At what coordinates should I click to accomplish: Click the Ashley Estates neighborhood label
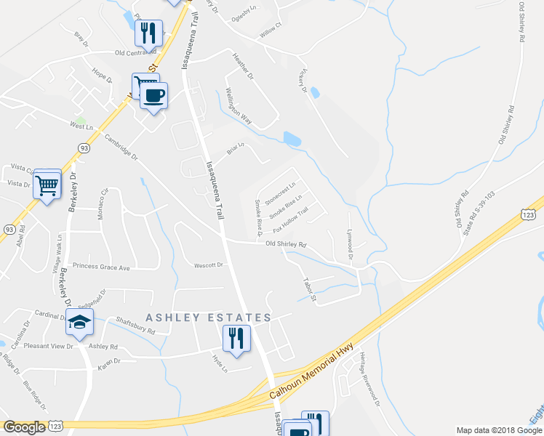(208, 318)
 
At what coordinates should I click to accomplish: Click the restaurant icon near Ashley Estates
(236, 339)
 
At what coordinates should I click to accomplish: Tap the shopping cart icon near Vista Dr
(47, 185)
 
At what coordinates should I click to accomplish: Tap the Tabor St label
(310, 288)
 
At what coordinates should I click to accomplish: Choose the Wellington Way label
(238, 106)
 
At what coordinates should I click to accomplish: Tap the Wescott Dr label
(209, 265)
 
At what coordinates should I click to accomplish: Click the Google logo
(25, 427)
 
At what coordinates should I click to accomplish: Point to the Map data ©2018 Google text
(498, 430)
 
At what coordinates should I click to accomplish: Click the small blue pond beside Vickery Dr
(314, 93)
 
